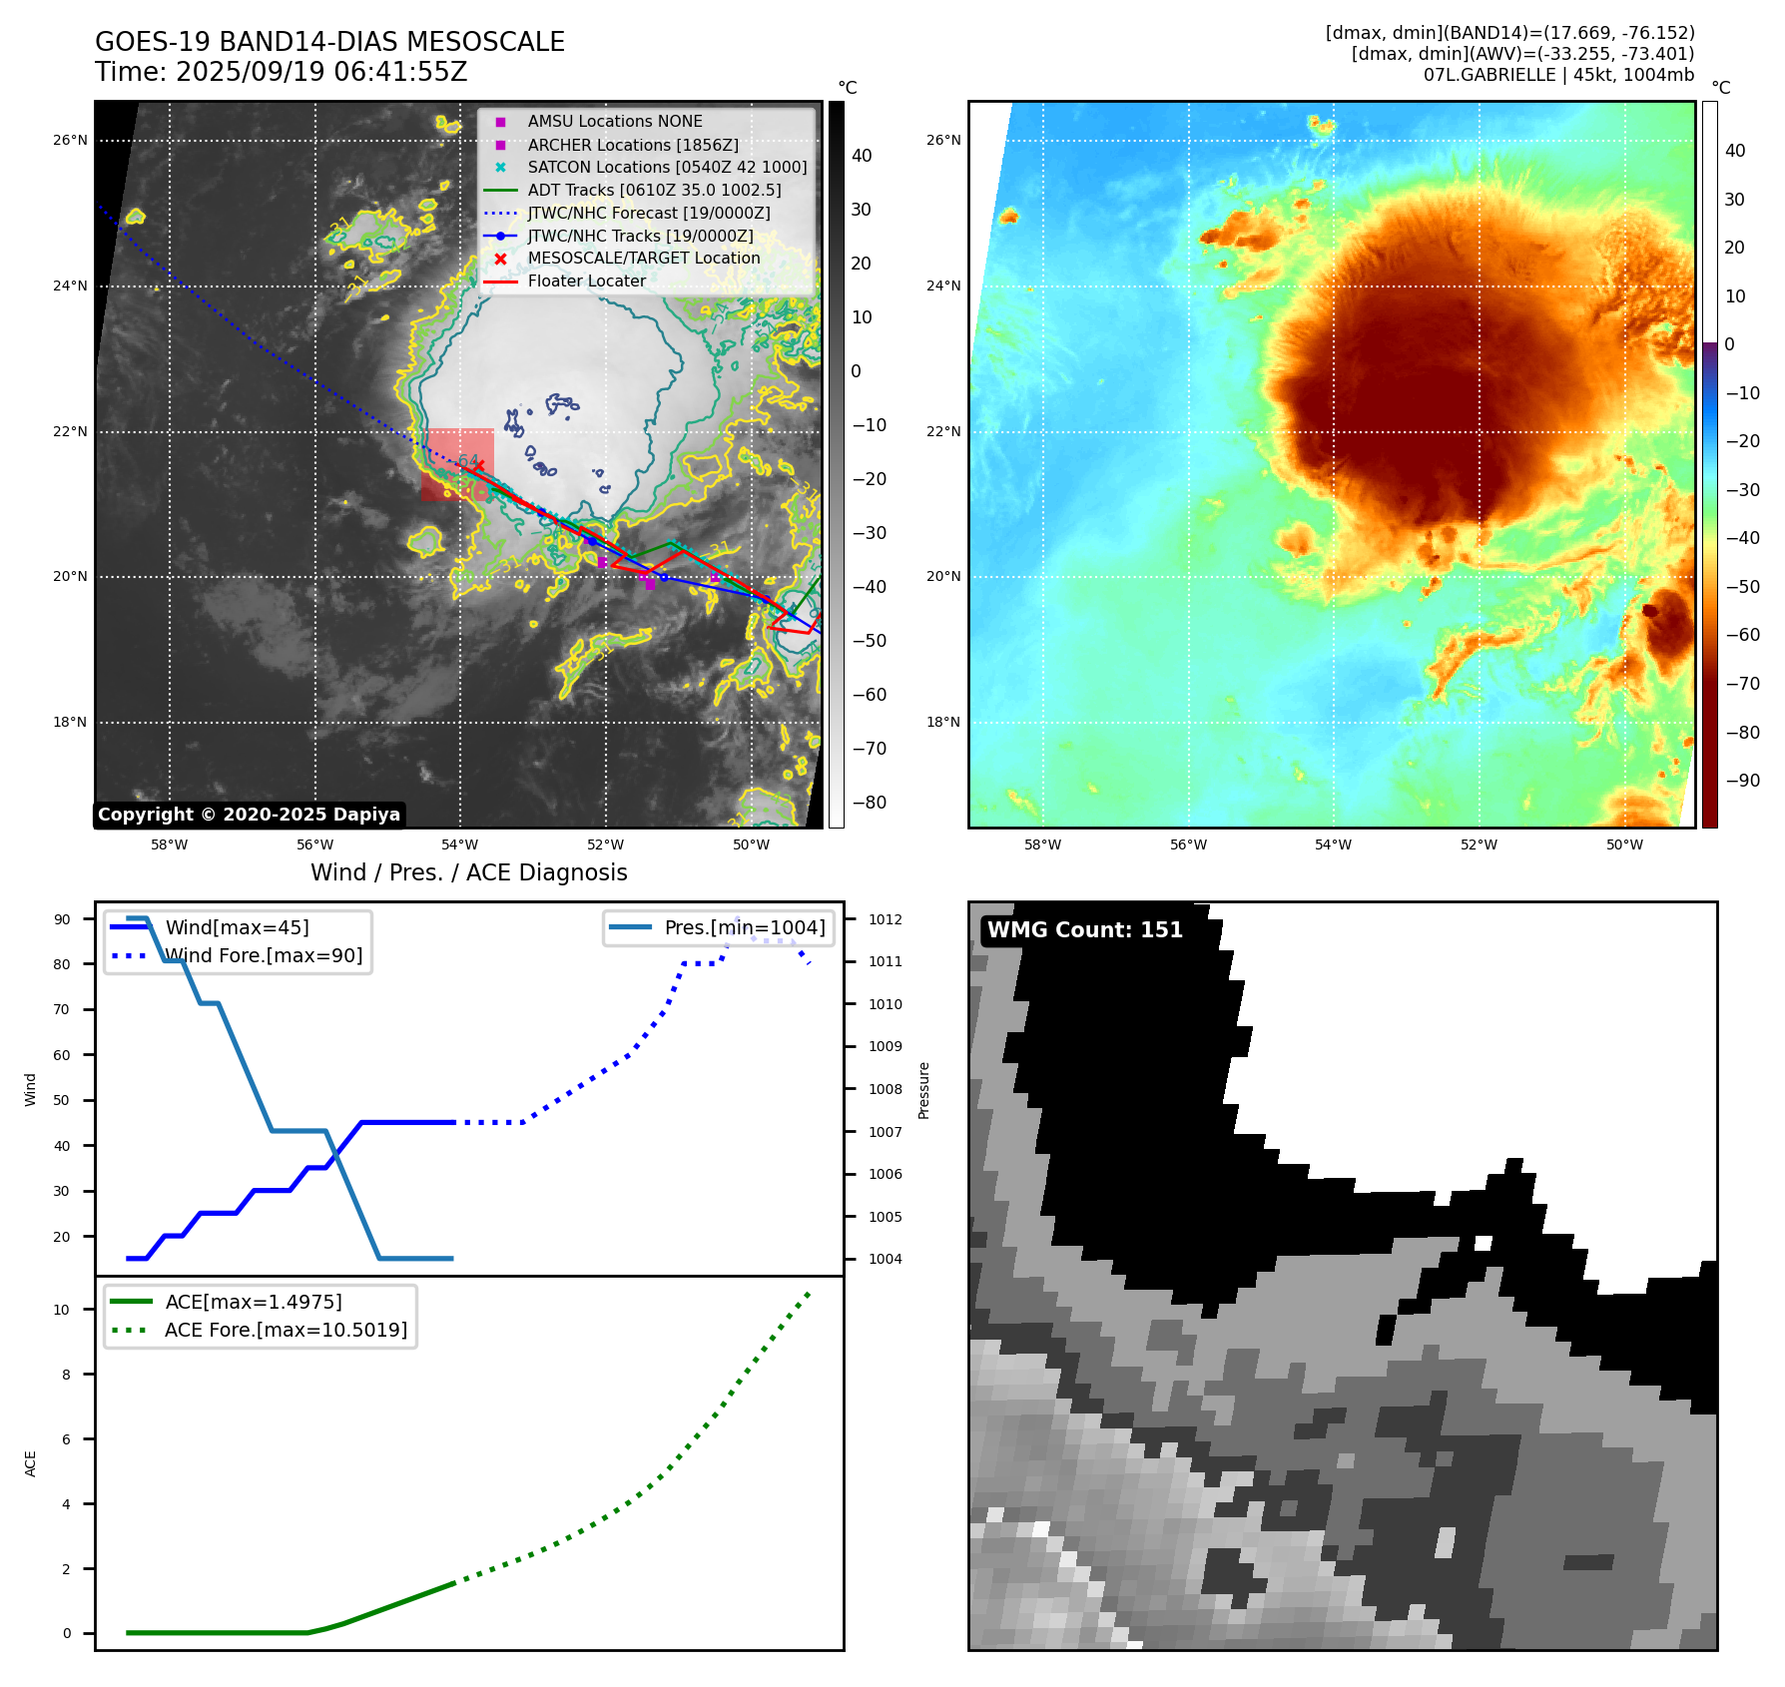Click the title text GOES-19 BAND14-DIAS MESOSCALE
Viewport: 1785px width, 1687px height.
(x=329, y=42)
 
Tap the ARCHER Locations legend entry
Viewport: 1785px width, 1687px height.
(x=633, y=145)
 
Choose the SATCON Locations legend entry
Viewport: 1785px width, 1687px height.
(x=667, y=168)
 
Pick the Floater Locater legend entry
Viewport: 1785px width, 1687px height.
(x=586, y=281)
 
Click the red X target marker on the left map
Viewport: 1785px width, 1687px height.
(x=478, y=465)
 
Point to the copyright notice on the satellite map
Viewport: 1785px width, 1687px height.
(x=249, y=815)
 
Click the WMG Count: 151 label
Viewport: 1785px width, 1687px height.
(x=1084, y=930)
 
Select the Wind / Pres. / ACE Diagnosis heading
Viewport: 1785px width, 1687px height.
(x=468, y=872)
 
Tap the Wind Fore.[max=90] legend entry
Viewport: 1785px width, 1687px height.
(x=264, y=955)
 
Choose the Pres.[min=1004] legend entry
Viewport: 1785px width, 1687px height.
(x=745, y=927)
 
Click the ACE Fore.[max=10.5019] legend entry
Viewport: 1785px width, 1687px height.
(x=286, y=1330)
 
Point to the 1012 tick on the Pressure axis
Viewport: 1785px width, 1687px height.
(x=885, y=919)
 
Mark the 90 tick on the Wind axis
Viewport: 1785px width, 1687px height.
(x=62, y=919)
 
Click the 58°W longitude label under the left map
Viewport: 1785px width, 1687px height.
(x=169, y=844)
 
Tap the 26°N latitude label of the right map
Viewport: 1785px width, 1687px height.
(x=943, y=140)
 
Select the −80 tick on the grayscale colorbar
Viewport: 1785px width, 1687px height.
(x=869, y=803)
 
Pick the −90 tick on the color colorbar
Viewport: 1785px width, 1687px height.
(x=1742, y=781)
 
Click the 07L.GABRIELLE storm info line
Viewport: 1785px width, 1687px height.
(x=1558, y=75)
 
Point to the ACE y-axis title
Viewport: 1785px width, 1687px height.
(x=30, y=1463)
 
